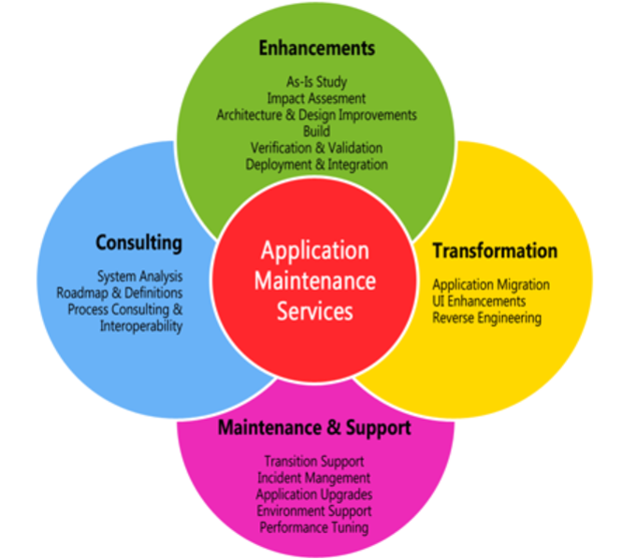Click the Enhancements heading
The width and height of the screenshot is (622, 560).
(316, 48)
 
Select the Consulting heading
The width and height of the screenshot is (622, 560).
(138, 243)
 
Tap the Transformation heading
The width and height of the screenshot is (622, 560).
(494, 251)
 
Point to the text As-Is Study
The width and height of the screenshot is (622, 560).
(316, 81)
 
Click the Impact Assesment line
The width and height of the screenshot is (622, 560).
(316, 98)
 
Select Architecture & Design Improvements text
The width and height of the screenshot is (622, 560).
(316, 115)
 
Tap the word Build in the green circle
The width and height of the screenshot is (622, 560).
(316, 132)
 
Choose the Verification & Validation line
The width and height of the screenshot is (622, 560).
(316, 148)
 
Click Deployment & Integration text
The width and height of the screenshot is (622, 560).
(316, 165)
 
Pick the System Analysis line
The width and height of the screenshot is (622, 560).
(140, 276)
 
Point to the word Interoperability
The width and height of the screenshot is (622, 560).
(141, 326)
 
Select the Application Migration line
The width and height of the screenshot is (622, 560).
(490, 284)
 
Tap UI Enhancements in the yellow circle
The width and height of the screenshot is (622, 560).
(479, 301)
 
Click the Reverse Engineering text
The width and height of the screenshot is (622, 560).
(486, 318)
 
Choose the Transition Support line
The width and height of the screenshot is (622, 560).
(313, 461)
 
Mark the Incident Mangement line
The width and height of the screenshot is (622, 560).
(313, 478)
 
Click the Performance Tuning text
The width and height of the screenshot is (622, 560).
(313, 528)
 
